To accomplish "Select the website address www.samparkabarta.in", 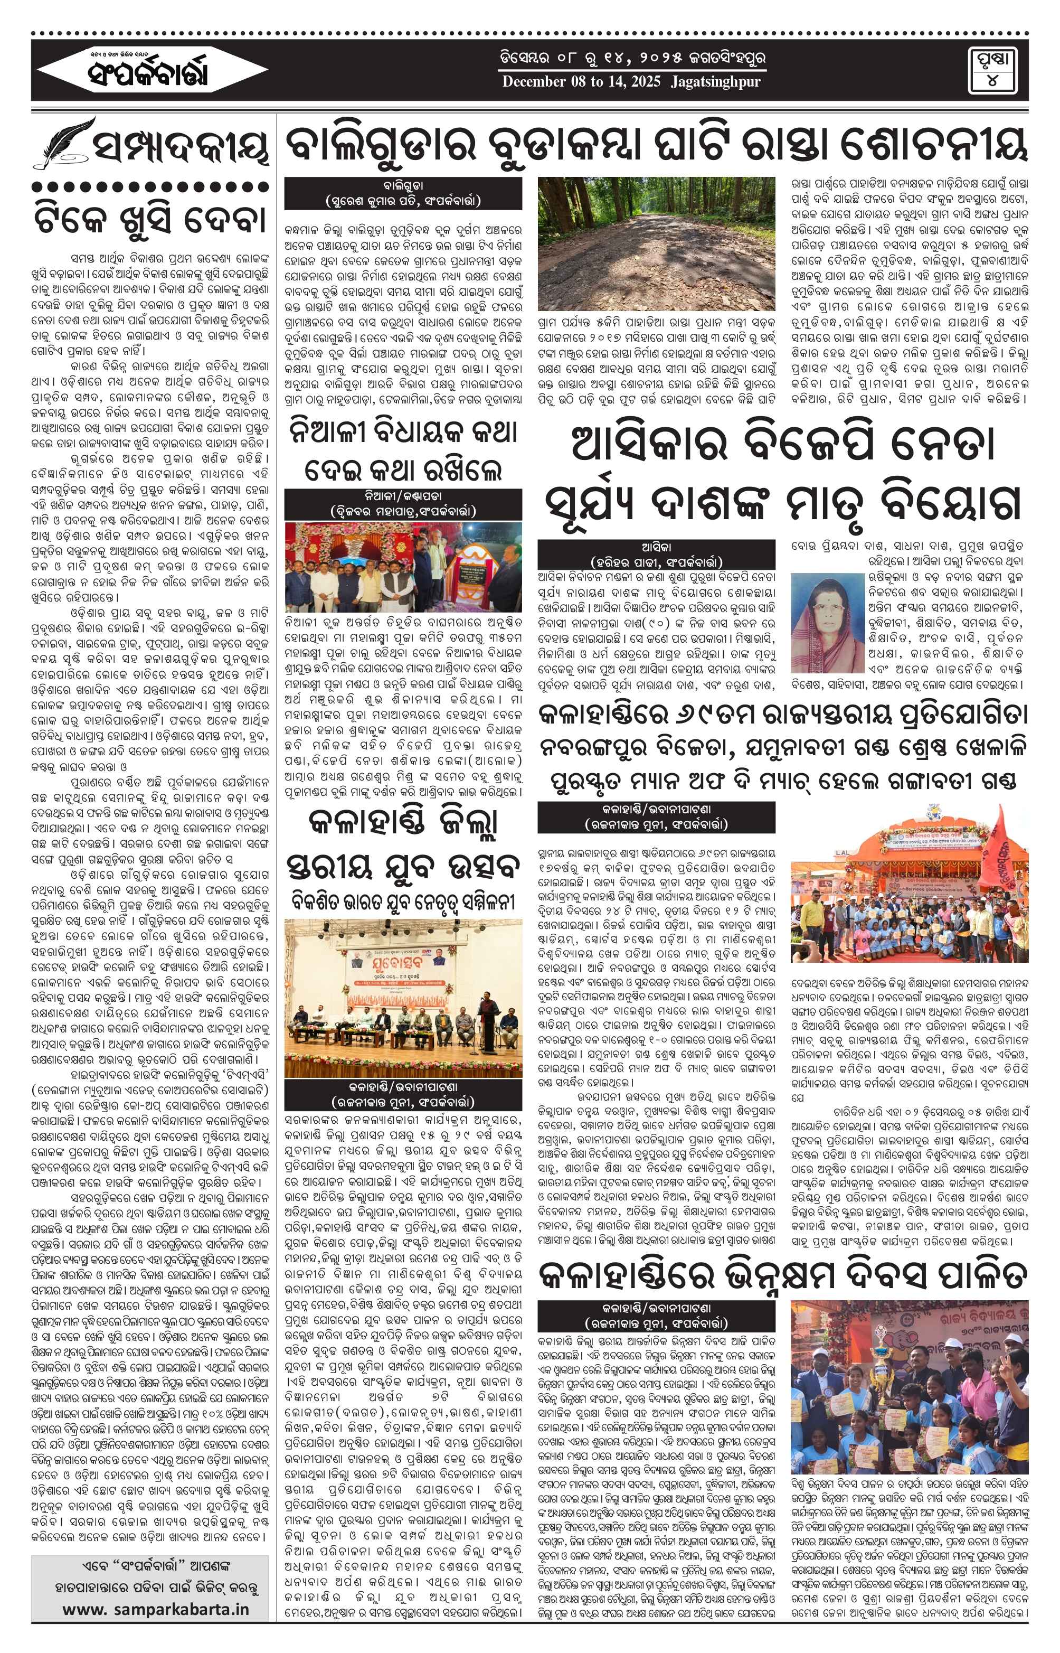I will click(x=156, y=1610).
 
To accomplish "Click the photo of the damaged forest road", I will click(x=656, y=243).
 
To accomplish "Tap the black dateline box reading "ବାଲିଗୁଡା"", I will click(x=403, y=193).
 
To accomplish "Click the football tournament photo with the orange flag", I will click(x=908, y=903).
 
